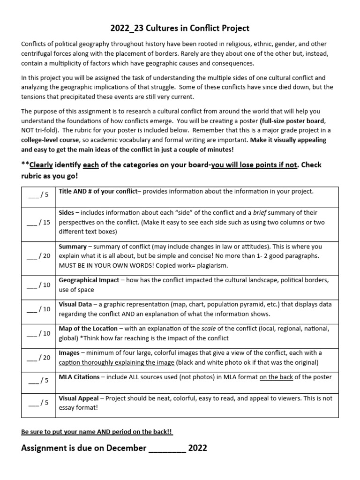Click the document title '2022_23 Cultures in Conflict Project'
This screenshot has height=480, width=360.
(x=180, y=28)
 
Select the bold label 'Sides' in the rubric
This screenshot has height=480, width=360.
(x=66, y=212)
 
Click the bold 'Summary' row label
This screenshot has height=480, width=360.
(x=73, y=246)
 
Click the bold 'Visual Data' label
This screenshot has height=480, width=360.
(x=75, y=304)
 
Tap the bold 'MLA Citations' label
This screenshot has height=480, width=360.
(x=79, y=377)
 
